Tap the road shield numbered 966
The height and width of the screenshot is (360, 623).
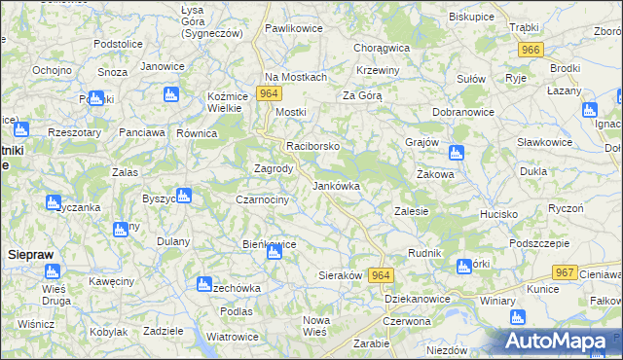click(531, 50)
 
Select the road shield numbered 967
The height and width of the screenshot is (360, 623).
click(563, 273)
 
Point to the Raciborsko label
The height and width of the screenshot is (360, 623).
click(312, 146)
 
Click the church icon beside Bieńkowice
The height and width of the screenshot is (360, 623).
click(274, 253)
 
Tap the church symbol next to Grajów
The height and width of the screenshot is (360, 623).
click(457, 153)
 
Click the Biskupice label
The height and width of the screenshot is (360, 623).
click(472, 18)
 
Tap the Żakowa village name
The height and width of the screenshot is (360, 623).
click(435, 175)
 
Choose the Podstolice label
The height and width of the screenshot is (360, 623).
click(119, 45)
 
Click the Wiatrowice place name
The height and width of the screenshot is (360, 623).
click(232, 337)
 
